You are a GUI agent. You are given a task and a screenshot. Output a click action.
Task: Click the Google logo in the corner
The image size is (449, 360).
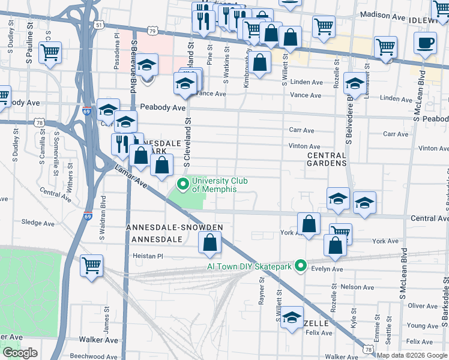click(20, 353)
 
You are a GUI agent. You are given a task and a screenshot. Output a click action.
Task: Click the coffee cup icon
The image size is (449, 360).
click(425, 44)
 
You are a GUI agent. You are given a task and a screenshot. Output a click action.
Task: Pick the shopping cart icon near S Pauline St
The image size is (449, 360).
click(50, 52)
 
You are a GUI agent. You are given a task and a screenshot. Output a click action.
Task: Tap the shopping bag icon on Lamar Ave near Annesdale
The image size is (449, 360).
click(209, 243)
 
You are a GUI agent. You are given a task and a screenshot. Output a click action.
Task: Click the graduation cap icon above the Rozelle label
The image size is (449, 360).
click(292, 318)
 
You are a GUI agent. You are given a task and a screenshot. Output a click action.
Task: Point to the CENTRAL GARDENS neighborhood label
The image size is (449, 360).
click(327, 159)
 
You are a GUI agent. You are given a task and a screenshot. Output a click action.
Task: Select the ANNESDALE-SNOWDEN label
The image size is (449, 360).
click(175, 227)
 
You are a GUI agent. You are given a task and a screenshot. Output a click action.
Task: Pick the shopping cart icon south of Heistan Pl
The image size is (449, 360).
click(91, 265)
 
